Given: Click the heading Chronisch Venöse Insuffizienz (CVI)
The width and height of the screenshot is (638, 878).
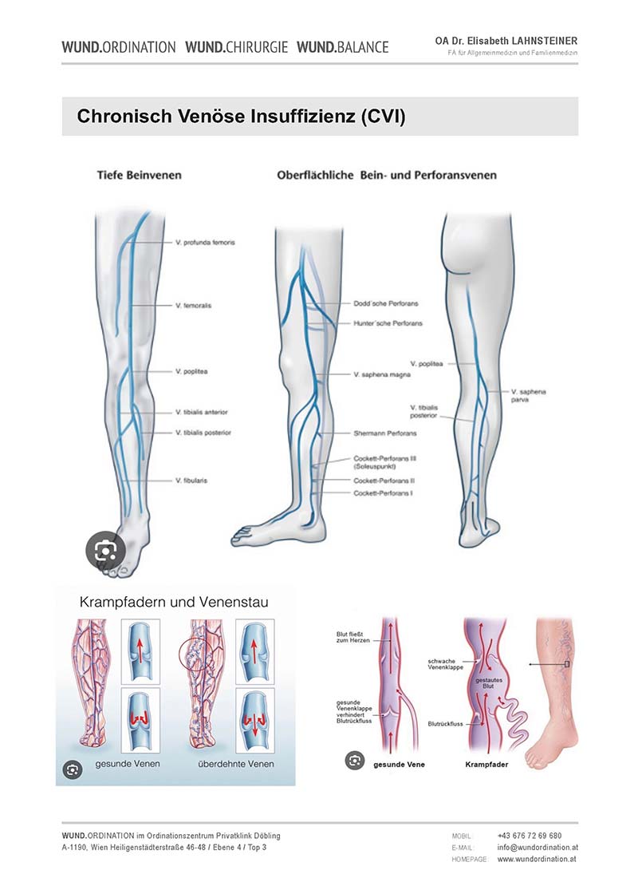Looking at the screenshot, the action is (x=241, y=117).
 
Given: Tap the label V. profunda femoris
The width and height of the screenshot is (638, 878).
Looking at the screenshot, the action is (x=205, y=243).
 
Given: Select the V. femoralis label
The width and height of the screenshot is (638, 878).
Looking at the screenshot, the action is (x=193, y=306).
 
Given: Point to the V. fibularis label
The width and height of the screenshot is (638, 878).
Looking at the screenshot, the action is (x=191, y=481).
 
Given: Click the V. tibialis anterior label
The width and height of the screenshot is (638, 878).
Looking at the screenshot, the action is (x=202, y=412).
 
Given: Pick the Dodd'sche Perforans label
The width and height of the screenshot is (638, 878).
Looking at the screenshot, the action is (x=386, y=303).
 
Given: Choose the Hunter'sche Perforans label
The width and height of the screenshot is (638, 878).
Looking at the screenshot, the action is (x=388, y=323).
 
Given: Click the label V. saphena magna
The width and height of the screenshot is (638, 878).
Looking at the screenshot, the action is (x=382, y=374).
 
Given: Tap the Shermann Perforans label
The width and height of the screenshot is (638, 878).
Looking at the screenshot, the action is (x=385, y=433).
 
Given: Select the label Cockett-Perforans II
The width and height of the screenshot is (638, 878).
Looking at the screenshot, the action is (x=384, y=481).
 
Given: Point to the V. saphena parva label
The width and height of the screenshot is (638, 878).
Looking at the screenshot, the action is (x=528, y=395).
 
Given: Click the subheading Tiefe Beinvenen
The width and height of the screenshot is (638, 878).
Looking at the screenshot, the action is (x=140, y=175).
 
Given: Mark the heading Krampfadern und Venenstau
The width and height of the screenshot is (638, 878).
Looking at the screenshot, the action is (x=174, y=602).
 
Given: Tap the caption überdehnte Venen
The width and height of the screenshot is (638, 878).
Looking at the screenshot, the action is (x=236, y=764).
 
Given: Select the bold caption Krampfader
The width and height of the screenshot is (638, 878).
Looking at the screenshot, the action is (x=486, y=765).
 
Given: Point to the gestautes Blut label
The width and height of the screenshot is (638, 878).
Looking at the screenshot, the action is (x=489, y=683).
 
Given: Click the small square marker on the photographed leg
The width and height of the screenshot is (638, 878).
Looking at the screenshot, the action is (x=566, y=664).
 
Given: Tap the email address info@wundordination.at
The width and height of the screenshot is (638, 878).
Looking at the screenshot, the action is (x=538, y=847).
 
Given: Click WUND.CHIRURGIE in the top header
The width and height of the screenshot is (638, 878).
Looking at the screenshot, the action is (x=236, y=47).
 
